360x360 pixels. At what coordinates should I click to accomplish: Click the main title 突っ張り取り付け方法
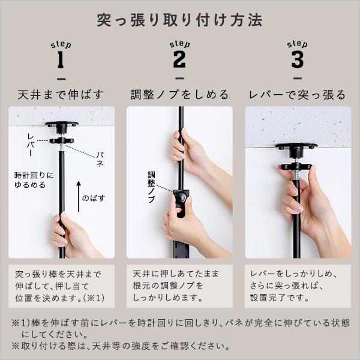[179, 20]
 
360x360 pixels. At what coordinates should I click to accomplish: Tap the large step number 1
[61, 60]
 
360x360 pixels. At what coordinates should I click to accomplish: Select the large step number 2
[179, 60]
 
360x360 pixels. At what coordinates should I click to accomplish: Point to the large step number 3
[298, 60]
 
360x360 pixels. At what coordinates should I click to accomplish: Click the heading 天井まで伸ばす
[61, 95]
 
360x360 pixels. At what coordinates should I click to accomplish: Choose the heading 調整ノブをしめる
[179, 95]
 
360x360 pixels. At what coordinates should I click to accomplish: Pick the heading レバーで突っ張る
[298, 95]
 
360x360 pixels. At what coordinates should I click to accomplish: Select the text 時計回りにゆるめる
[34, 180]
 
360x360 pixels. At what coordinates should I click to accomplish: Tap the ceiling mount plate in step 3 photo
[296, 146]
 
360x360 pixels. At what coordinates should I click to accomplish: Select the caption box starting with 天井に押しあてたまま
[179, 286]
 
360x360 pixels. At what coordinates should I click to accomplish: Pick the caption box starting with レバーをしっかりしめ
[298, 286]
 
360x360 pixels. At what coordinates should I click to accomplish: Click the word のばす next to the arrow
[94, 197]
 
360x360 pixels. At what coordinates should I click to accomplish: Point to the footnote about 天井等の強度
[120, 346]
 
